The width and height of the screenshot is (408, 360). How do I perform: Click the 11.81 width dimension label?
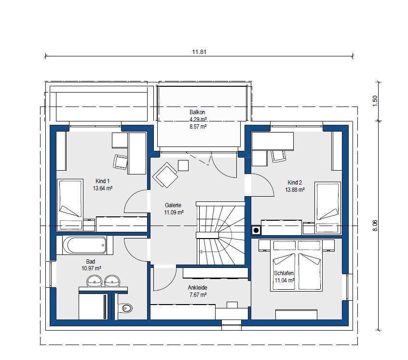click(199, 52)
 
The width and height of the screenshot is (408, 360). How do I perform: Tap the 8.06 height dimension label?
click(375, 226)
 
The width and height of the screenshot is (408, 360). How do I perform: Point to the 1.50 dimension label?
click(375, 101)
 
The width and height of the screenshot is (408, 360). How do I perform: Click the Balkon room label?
click(197, 112)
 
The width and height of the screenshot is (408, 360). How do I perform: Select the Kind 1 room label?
click(103, 181)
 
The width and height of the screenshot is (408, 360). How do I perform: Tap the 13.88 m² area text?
click(295, 190)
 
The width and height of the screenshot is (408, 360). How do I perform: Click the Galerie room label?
click(173, 205)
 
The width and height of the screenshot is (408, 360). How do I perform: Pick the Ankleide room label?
click(198, 288)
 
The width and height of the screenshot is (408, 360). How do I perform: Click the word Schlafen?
click(284, 273)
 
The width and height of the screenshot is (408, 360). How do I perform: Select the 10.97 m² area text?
click(91, 268)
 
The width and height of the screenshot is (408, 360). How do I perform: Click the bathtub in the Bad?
click(84, 245)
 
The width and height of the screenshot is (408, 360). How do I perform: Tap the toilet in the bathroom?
click(126, 308)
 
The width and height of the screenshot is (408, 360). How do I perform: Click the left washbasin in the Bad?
click(94, 280)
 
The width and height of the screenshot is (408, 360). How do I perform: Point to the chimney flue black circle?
click(256, 230)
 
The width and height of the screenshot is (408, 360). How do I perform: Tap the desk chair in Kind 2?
click(279, 156)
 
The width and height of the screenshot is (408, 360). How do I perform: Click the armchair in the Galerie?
click(165, 175)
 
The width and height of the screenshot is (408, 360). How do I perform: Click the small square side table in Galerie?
click(183, 165)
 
